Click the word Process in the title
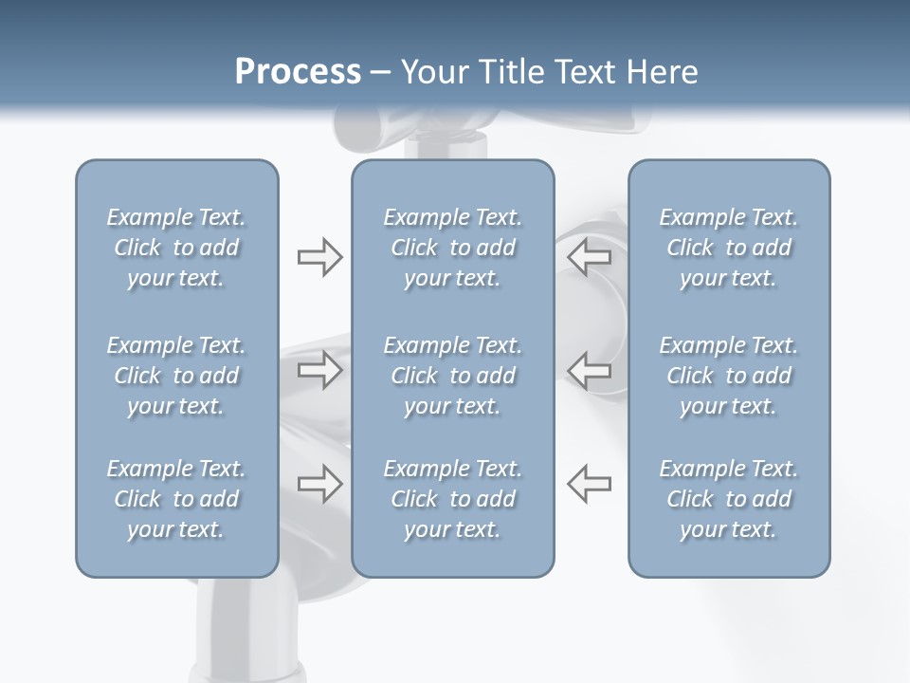click(x=298, y=72)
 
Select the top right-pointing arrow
click(x=319, y=257)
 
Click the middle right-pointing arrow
click(x=319, y=370)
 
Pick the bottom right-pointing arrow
click(x=319, y=483)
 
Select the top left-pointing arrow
click(x=590, y=256)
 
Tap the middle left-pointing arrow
click(x=590, y=370)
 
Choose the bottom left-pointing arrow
click(x=590, y=483)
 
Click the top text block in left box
click(x=176, y=248)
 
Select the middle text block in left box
click(x=176, y=376)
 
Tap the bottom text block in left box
click(x=176, y=499)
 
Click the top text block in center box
click(x=452, y=248)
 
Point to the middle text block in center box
click(x=452, y=376)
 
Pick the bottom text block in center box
click(x=452, y=499)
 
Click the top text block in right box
click(x=728, y=248)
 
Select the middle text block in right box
click(x=728, y=376)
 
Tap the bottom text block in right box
click(x=728, y=499)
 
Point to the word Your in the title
click(x=431, y=72)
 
